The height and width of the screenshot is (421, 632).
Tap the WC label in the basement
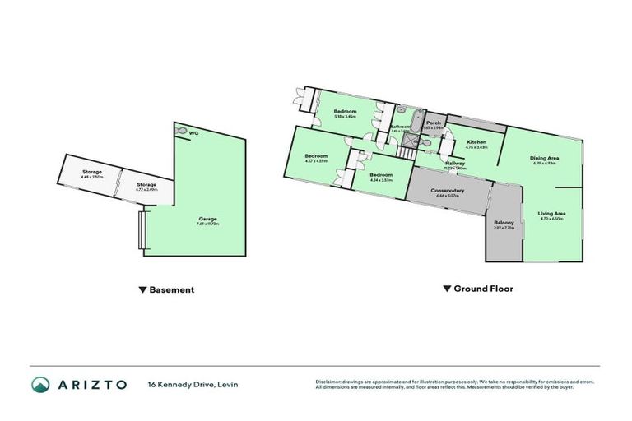point(193,132)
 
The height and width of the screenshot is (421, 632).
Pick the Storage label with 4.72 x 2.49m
point(146,186)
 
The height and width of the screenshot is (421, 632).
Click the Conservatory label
point(448,191)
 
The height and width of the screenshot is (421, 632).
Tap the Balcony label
point(504,224)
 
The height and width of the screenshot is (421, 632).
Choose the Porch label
point(434,123)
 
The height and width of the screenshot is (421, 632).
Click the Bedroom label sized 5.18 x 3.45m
point(345,112)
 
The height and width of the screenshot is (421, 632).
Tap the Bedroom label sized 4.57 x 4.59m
point(317,156)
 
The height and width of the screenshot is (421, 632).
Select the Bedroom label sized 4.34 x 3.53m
point(381,175)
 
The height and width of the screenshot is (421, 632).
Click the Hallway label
point(455,164)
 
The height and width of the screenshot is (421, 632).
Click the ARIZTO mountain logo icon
point(39,385)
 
